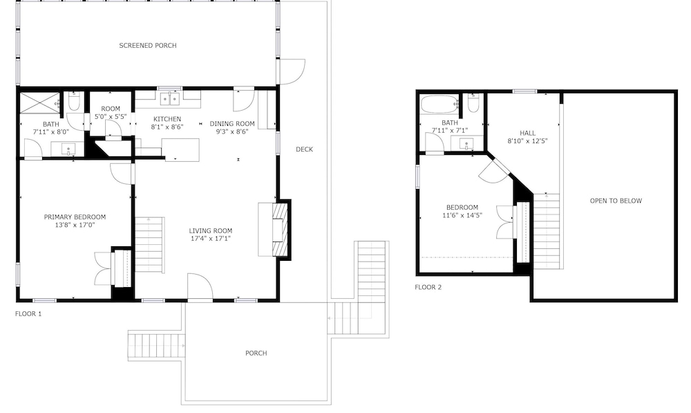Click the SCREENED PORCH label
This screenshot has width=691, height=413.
pyautogui.click(x=148, y=46)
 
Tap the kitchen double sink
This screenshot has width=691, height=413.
pyautogui.click(x=170, y=99)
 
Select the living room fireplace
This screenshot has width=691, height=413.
pyautogui.click(x=281, y=230)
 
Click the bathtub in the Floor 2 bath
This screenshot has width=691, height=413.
pyautogui.click(x=439, y=105)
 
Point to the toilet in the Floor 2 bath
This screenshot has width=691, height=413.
pyautogui.click(x=473, y=103)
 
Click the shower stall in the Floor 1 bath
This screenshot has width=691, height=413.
pyautogui.click(x=40, y=104)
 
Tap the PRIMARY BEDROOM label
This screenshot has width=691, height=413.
pyautogui.click(x=75, y=217)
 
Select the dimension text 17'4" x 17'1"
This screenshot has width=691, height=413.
pyautogui.click(x=211, y=239)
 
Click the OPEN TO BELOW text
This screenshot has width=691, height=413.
pyautogui.click(x=616, y=201)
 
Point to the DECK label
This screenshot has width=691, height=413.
pyautogui.click(x=304, y=149)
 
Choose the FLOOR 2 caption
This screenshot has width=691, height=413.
pyautogui.click(x=428, y=287)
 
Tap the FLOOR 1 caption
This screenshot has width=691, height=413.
pyautogui.click(x=28, y=313)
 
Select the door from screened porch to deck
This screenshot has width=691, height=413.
pyautogui.click(x=292, y=71)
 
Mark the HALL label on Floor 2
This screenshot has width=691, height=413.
pyautogui.click(x=527, y=134)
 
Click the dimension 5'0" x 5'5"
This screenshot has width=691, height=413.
pyautogui.click(x=111, y=117)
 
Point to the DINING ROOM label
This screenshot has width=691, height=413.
pyautogui.click(x=232, y=124)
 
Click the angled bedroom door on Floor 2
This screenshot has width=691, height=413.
pyautogui.click(x=493, y=171)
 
